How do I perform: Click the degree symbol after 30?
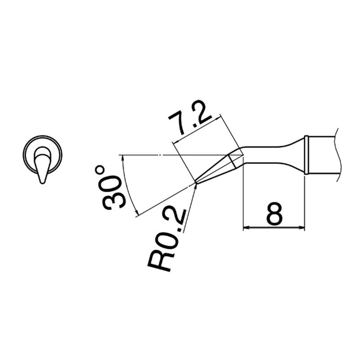coord(99,170)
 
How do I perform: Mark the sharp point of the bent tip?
coord(196,183)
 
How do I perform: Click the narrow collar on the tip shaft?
coord(306,155)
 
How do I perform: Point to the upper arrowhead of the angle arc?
coord(123,158)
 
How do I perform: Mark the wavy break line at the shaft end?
coord(336,155)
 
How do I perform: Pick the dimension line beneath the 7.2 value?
coord(198,129)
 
